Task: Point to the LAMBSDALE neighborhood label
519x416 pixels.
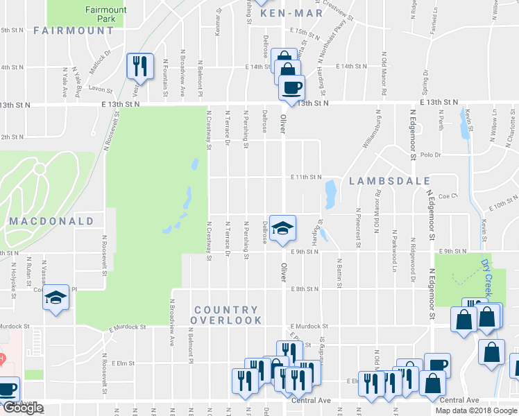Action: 389,181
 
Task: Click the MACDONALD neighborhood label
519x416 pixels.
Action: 51,221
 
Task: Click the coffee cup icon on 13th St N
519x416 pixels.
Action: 291,88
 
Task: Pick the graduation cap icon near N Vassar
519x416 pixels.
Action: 56,298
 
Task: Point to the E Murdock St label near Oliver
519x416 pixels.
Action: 309,326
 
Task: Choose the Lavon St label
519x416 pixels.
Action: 100,89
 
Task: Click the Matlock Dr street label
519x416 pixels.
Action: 100,53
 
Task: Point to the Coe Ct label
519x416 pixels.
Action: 445,196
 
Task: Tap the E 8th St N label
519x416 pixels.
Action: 305,288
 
